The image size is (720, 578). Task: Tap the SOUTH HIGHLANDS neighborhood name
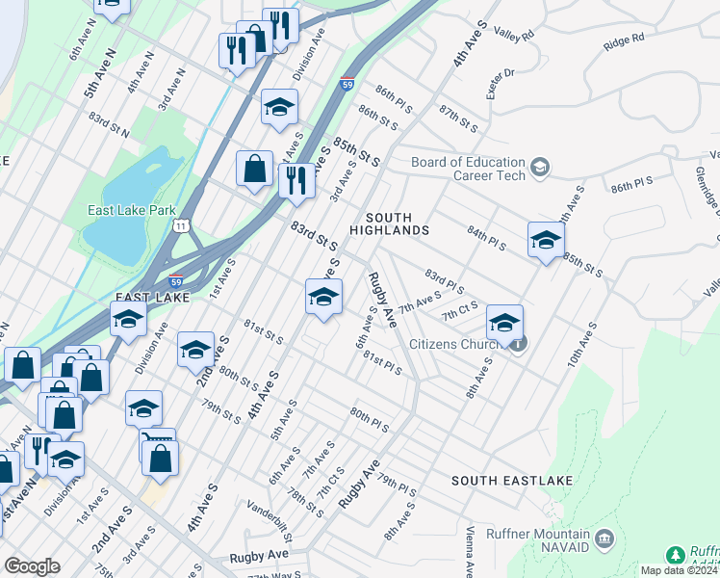point(389,224)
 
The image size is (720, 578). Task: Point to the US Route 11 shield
point(181,225)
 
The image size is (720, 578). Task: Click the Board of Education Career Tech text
point(468,170)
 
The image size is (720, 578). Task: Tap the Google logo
point(33,566)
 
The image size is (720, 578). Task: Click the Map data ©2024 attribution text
point(678,570)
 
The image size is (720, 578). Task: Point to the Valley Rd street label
point(514,34)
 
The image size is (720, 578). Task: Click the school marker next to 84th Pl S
point(545,241)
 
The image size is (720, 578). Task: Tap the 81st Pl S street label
point(381,363)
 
